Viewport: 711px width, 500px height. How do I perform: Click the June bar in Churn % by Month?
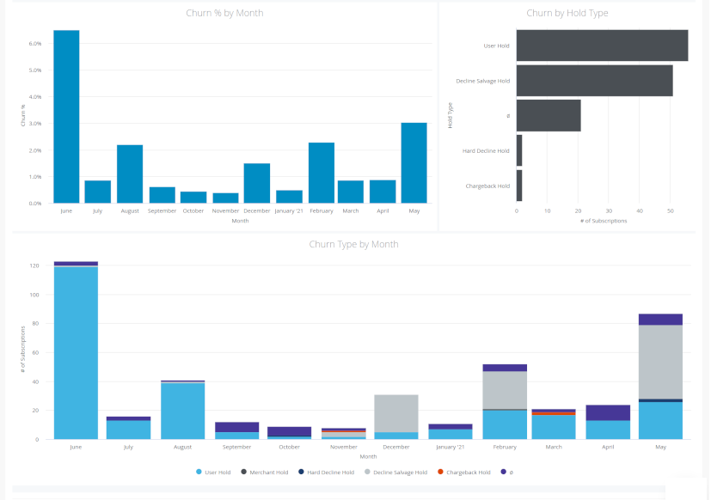[x=66, y=117]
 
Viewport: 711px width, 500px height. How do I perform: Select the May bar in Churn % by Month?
[x=414, y=163]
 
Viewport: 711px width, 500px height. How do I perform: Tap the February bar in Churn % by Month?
[x=321, y=173]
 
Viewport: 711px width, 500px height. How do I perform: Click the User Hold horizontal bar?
[x=602, y=46]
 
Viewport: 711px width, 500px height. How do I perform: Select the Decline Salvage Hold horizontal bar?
[x=594, y=81]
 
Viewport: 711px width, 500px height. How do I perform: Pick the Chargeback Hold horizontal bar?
[x=519, y=186]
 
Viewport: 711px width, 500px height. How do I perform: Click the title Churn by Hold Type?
[x=567, y=13]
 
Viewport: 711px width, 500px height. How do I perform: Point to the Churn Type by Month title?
[x=353, y=244]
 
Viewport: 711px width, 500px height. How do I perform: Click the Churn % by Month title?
[x=224, y=13]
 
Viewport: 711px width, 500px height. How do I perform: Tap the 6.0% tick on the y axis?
[x=35, y=43]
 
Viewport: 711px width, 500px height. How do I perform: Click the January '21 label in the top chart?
[x=289, y=210]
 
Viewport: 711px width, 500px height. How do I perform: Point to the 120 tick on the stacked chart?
[x=35, y=265]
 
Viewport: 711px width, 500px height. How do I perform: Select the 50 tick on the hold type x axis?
[x=670, y=210]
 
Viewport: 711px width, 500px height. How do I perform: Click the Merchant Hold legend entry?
[x=267, y=473]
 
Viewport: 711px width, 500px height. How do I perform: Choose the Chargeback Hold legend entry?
[x=468, y=473]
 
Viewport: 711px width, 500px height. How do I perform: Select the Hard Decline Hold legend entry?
[x=329, y=473]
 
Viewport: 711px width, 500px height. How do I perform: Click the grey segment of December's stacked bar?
[x=396, y=413]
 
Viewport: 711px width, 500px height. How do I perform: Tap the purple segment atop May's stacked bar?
[x=660, y=320]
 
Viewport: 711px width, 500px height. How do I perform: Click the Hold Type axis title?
[x=451, y=116]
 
